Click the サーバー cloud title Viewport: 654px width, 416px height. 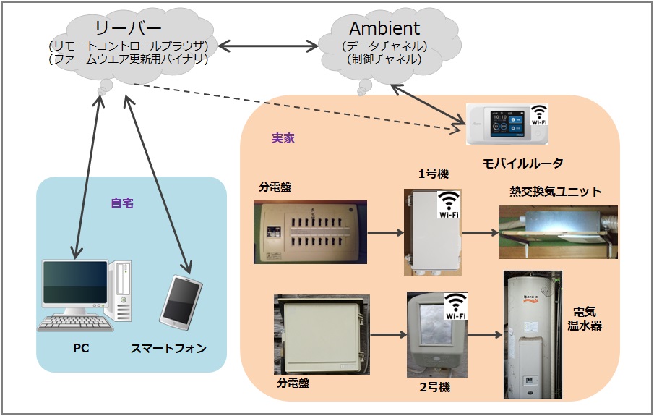129,28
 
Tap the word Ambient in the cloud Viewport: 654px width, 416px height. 384,28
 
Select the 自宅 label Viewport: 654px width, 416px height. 122,203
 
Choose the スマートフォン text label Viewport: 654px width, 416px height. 168,349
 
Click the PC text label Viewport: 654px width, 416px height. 81,349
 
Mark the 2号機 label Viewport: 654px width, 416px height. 434,387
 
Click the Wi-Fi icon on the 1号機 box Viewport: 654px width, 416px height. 449,205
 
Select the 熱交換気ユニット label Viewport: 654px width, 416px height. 556,192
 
